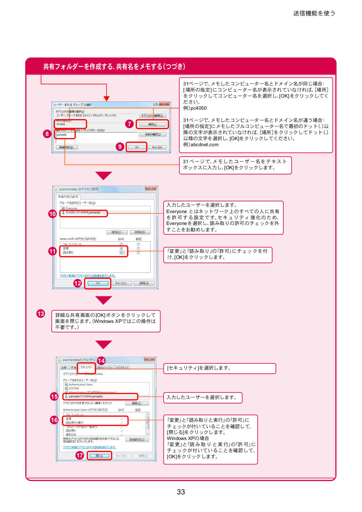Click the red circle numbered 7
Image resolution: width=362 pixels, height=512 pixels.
click(x=129, y=124)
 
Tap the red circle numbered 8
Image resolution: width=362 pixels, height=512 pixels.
click(x=47, y=134)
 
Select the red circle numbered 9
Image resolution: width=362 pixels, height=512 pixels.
click(x=120, y=147)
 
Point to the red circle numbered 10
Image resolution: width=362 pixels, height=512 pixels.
click(x=52, y=214)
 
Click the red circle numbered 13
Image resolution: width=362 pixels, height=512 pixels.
click(x=41, y=314)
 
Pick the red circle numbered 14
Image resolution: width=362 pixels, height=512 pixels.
click(x=101, y=361)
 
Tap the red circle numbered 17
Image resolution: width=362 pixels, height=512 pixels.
click(x=80, y=455)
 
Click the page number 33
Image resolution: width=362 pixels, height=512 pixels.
click(x=181, y=492)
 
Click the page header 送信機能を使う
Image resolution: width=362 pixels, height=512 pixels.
click(x=314, y=13)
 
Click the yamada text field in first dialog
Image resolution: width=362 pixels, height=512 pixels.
click(x=65, y=135)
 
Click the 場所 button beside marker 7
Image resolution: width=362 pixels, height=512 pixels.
click(x=153, y=124)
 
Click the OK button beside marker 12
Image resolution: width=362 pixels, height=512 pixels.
click(x=98, y=283)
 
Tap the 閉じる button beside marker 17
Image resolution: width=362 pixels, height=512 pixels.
click(x=99, y=456)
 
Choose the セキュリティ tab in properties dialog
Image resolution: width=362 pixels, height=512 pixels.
click(x=86, y=367)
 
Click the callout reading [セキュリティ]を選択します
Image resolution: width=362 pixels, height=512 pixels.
click(x=219, y=368)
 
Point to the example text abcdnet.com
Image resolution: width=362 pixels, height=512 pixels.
click(x=205, y=145)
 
